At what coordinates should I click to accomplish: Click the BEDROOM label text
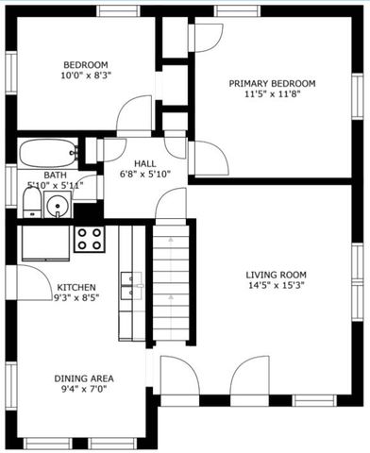pyautogui.click(x=86, y=64)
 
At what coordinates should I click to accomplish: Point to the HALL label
pyautogui.click(x=144, y=163)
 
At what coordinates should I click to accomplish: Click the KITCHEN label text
pyautogui.click(x=76, y=287)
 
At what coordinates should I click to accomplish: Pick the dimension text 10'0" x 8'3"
pyautogui.click(x=86, y=76)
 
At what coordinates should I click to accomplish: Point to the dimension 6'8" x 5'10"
pyautogui.click(x=144, y=175)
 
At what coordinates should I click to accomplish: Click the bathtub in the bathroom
pyautogui.click(x=48, y=152)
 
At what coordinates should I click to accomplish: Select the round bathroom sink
pyautogui.click(x=59, y=206)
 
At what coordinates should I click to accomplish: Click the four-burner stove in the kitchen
pyautogui.click(x=90, y=239)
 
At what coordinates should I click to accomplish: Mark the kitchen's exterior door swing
pyautogui.click(x=30, y=280)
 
